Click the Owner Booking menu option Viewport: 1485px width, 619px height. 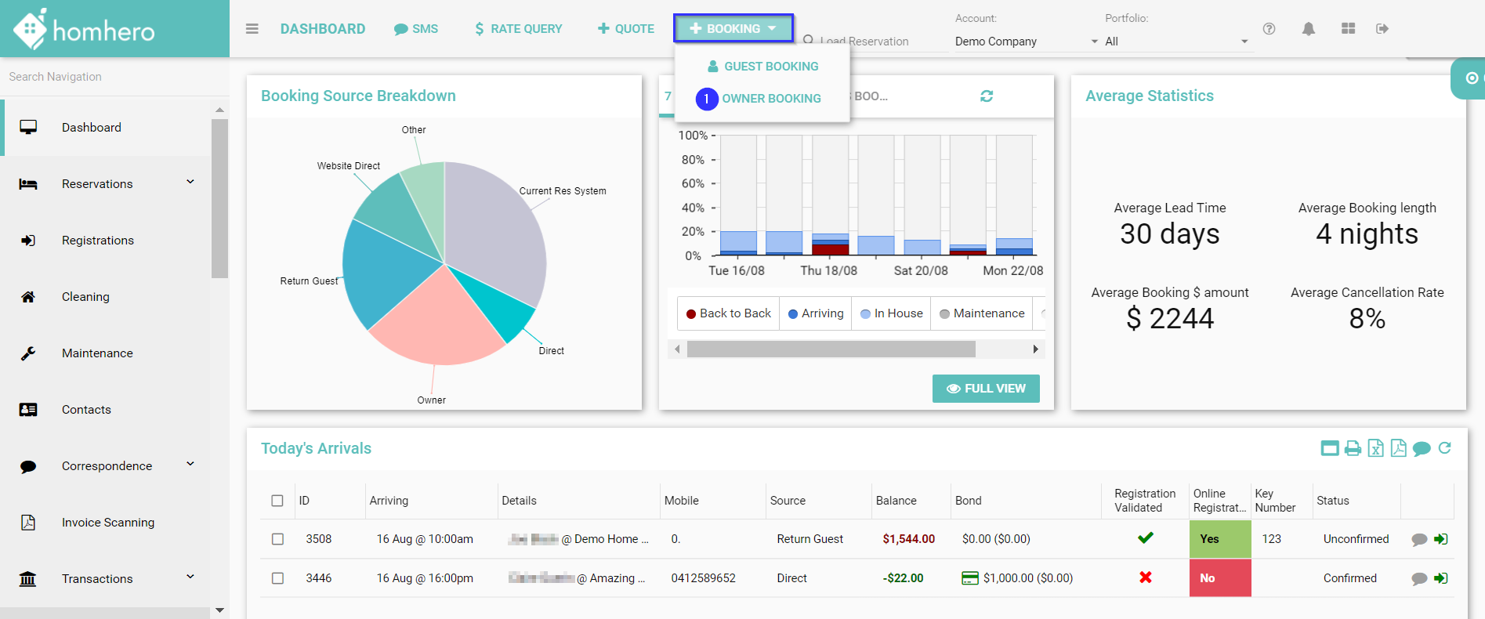(771, 99)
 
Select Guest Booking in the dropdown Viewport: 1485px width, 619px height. (770, 67)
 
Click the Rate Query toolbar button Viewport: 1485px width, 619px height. (518, 29)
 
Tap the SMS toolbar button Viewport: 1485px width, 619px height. (416, 29)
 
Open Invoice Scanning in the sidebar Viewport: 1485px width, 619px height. (107, 523)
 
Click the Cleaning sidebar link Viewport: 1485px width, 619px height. (85, 297)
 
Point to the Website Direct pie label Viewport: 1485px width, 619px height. (348, 166)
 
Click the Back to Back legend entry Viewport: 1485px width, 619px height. (729, 313)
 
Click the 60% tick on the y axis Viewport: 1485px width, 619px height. (693, 183)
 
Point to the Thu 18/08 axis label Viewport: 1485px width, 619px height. (828, 270)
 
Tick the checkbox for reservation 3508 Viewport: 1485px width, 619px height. (277, 539)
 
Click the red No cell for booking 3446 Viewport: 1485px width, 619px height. (1219, 578)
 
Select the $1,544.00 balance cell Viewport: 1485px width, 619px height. (908, 539)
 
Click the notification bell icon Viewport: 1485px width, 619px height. (1309, 29)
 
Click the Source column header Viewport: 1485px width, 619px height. (788, 501)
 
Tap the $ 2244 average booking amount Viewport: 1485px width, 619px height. (1169, 319)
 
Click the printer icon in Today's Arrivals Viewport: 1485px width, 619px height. (1353, 448)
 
